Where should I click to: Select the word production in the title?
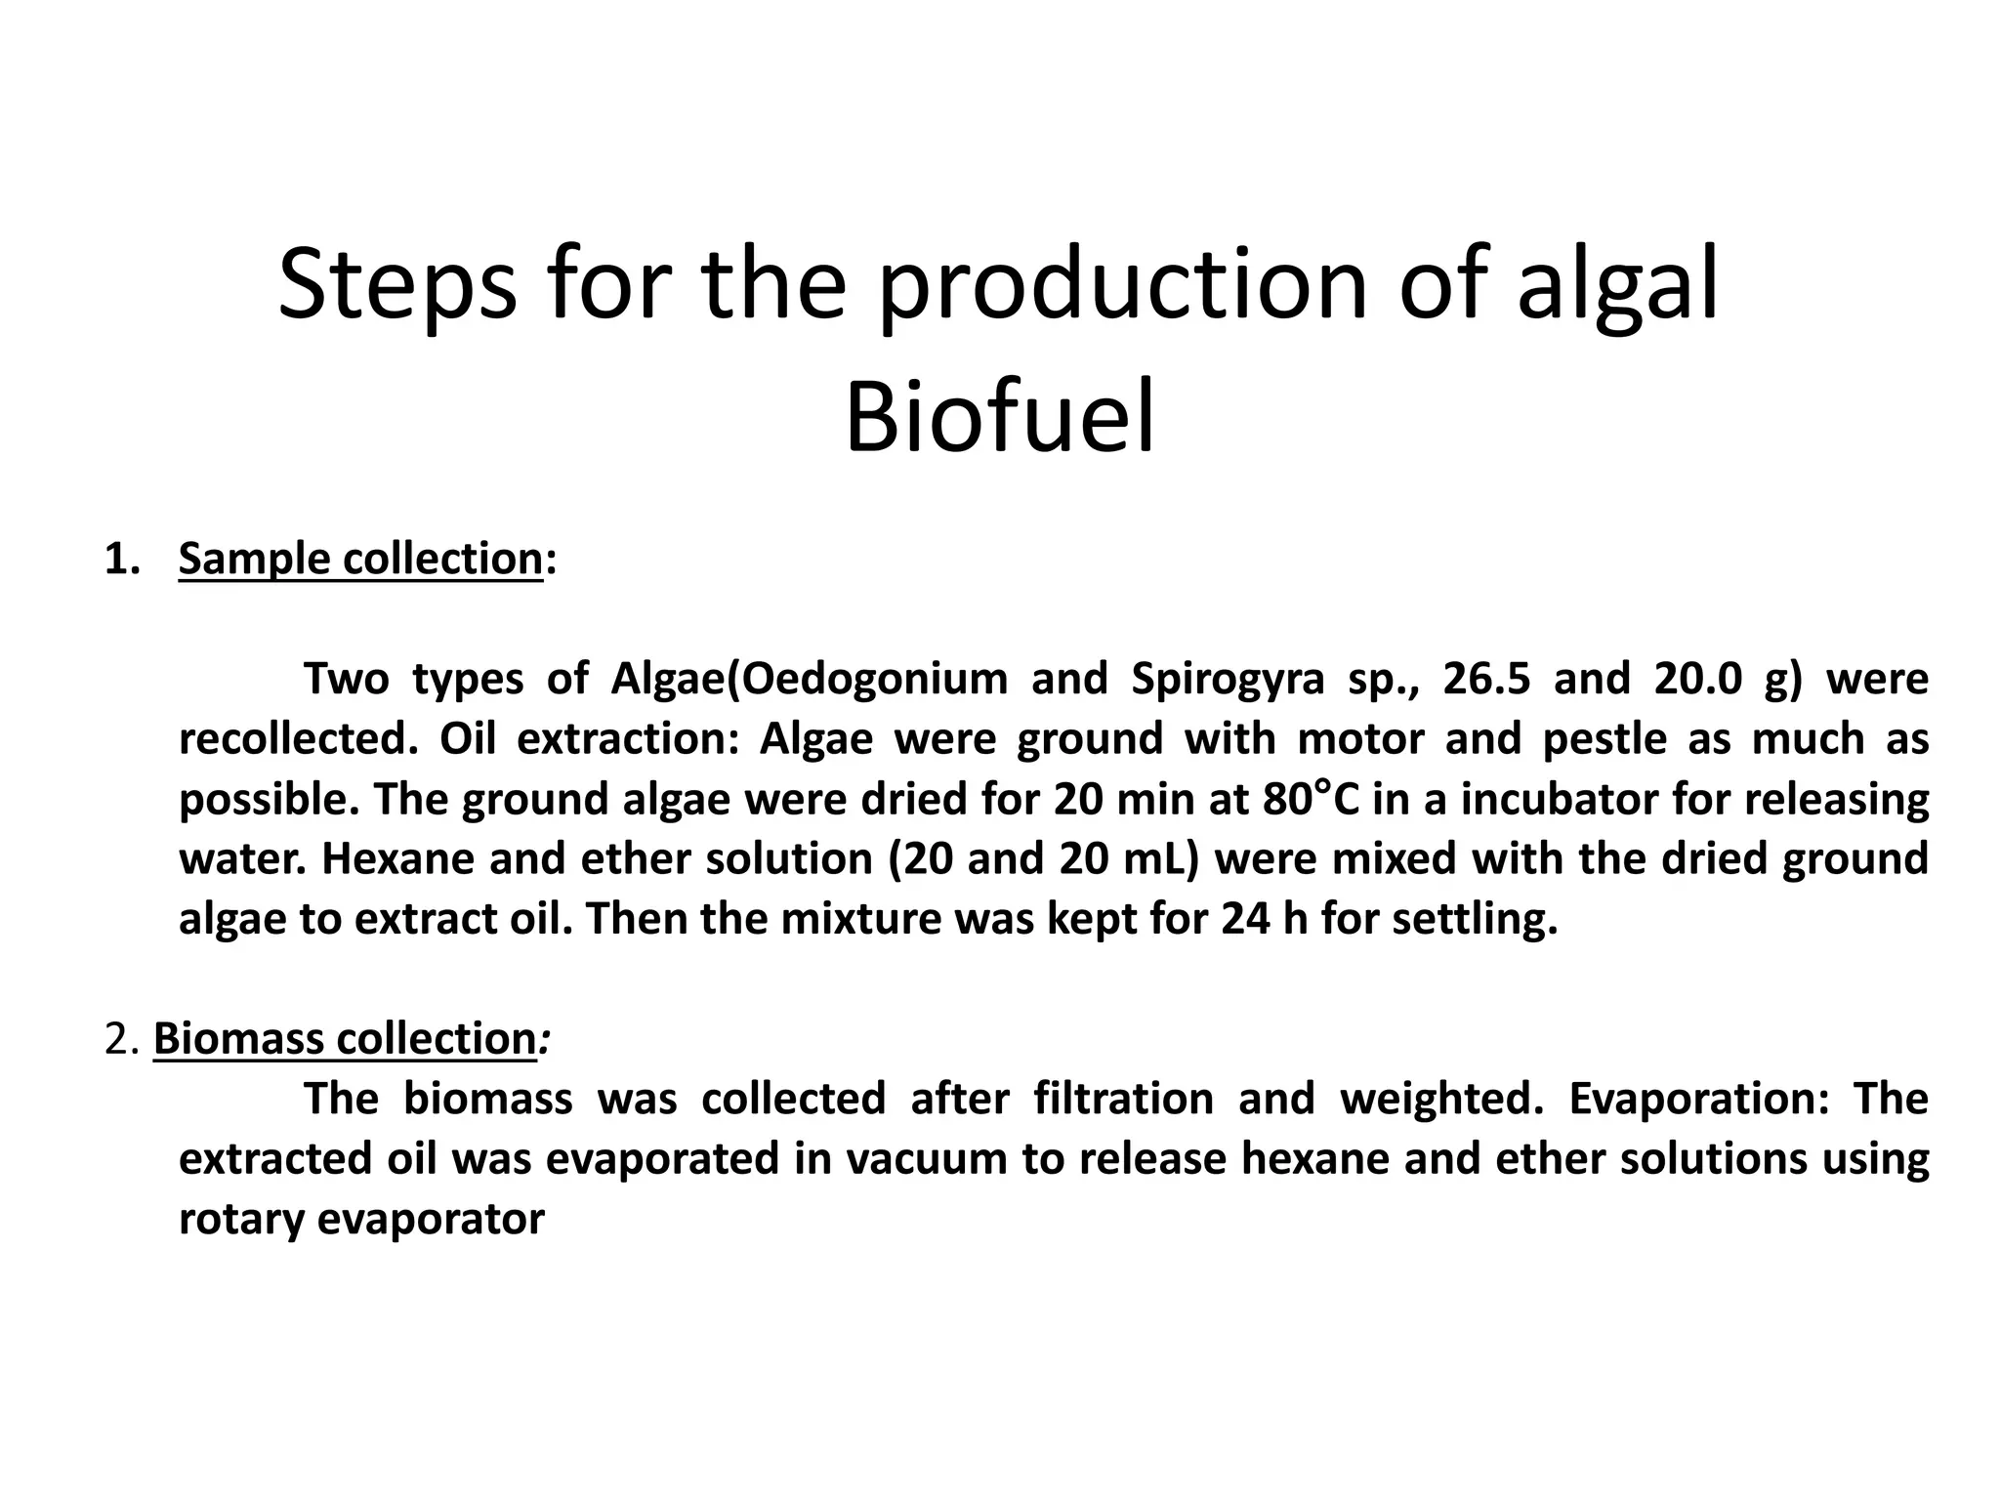point(1123,285)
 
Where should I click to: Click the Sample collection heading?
point(360,560)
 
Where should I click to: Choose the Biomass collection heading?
point(345,1038)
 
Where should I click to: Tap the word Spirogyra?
point(1228,679)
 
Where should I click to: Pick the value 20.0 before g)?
point(1698,679)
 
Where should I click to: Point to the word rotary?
point(242,1220)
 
